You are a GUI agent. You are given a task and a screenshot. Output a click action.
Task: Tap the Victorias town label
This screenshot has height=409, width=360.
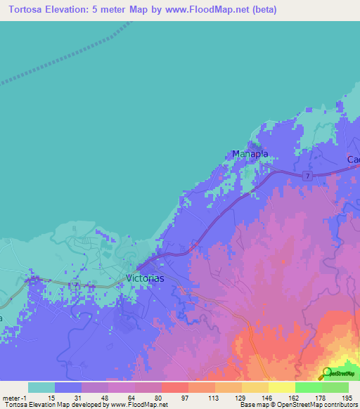pos(145,278)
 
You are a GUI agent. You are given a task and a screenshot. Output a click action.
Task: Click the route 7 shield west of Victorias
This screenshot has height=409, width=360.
pos(76,285)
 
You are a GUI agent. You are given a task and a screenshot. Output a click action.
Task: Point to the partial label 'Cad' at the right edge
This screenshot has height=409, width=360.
pos(353,160)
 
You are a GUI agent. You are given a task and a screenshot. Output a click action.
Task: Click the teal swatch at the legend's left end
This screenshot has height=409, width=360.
pos(41,387)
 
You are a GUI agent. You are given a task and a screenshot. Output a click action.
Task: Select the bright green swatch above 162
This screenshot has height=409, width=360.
pos(309,387)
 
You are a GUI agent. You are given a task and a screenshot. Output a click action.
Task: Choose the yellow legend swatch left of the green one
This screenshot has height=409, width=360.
pos(282,387)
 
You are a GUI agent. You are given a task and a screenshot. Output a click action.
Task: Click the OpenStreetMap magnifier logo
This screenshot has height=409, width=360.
pos(328,372)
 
